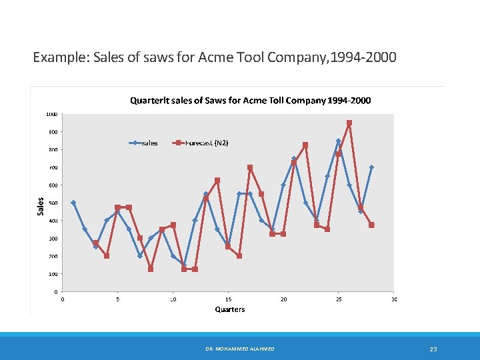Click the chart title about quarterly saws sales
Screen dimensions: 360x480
click(x=250, y=101)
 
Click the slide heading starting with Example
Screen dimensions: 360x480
click(x=214, y=58)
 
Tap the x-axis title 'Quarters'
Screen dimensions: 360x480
click(x=229, y=309)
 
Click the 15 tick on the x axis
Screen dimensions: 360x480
click(x=229, y=299)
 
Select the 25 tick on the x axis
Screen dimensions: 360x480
click(x=339, y=299)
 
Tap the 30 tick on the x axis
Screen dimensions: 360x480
click(x=394, y=299)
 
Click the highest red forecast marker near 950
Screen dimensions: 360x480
click(x=349, y=123)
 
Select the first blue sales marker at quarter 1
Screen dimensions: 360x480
click(x=73, y=203)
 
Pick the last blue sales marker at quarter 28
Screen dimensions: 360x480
click(x=371, y=167)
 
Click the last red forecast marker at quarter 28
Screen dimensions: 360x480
click(x=371, y=225)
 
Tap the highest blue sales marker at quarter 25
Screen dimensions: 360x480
click(x=338, y=141)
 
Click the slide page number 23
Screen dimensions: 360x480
click(x=433, y=349)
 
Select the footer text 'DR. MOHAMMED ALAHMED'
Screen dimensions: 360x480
click(x=240, y=349)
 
